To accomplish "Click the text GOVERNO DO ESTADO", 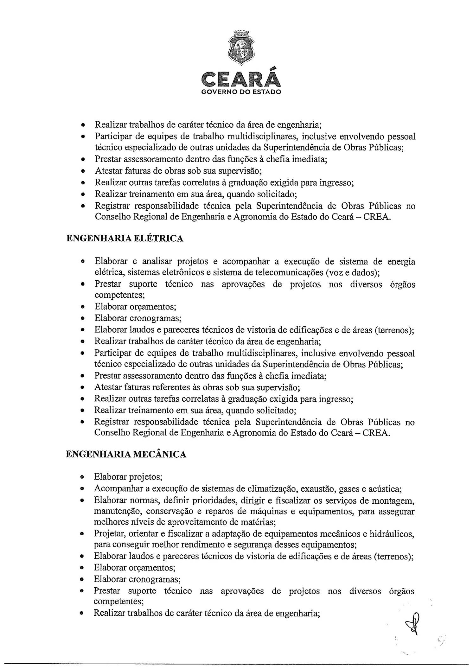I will pyautogui.click(x=241, y=92).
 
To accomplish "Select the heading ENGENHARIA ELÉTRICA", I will pyautogui.click(x=125, y=238).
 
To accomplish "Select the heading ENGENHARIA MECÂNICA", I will pyautogui.click(x=126, y=454).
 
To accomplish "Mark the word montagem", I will pyautogui.click(x=393, y=500).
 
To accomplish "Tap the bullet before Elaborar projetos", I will pyautogui.click(x=82, y=477).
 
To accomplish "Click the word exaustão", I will pyautogui.click(x=317, y=489).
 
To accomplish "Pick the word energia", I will pyautogui.click(x=401, y=261).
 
